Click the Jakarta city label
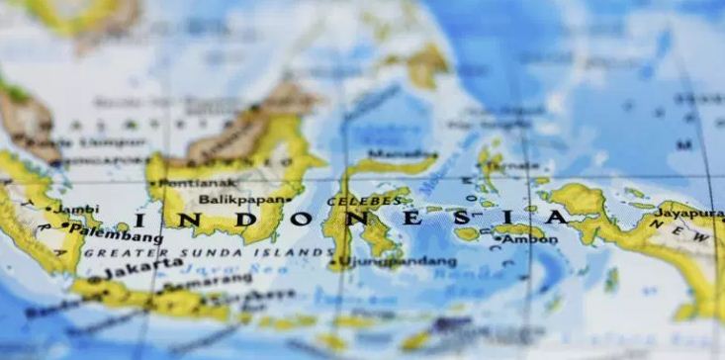pos(130,268)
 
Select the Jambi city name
pos(74,209)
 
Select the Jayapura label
pos(687,211)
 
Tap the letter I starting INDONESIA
pos(142,219)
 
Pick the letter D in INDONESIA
pos(251,217)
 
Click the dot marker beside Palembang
pos(65,225)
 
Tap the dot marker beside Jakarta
pos(95,279)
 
